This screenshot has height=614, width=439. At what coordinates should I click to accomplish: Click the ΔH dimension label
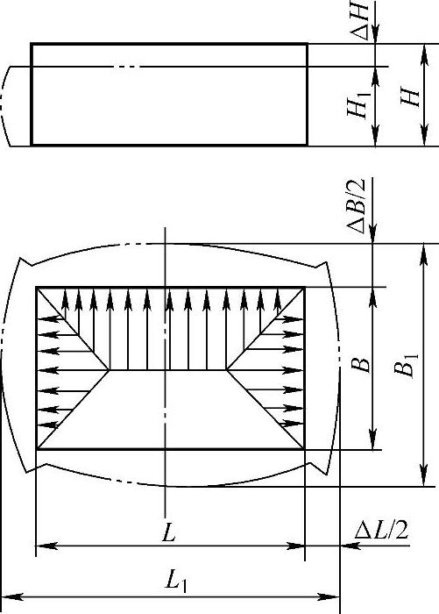tap(359, 19)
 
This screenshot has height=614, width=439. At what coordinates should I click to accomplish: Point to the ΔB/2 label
tap(356, 205)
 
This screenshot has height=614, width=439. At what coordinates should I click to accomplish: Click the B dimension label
tap(360, 364)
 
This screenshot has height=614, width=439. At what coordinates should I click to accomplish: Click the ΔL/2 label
tap(381, 530)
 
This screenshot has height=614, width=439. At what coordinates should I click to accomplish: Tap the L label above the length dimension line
tap(169, 532)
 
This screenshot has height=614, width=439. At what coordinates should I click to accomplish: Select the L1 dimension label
tap(176, 581)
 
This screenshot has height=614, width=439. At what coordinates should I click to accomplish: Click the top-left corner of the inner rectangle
tap(37, 288)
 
